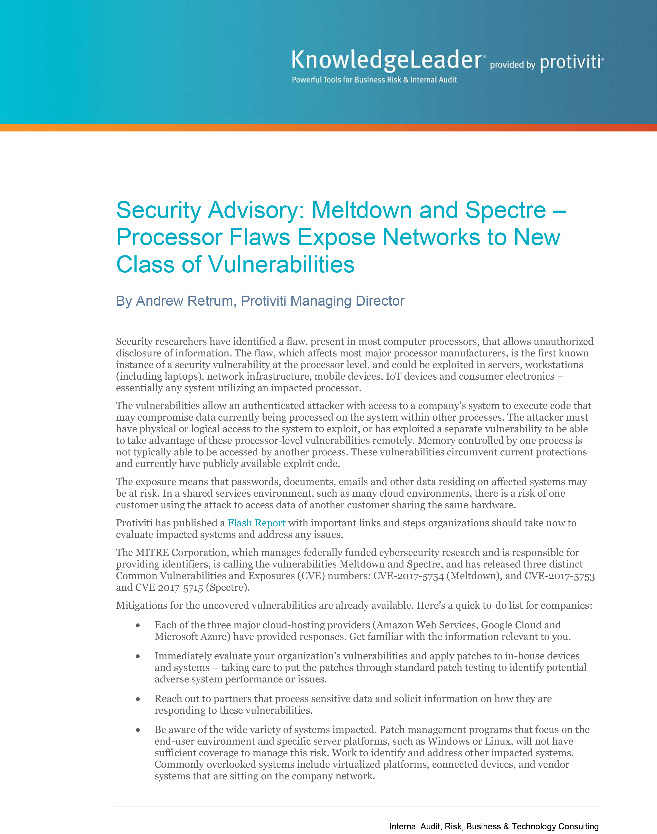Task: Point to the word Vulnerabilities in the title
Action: (x=281, y=265)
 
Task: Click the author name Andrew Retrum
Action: (x=185, y=301)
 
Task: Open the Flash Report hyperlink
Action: (x=257, y=523)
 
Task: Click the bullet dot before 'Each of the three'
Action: (x=138, y=625)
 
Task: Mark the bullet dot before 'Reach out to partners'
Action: (x=138, y=699)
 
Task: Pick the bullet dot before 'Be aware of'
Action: (x=138, y=730)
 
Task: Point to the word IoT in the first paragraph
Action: (x=393, y=376)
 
